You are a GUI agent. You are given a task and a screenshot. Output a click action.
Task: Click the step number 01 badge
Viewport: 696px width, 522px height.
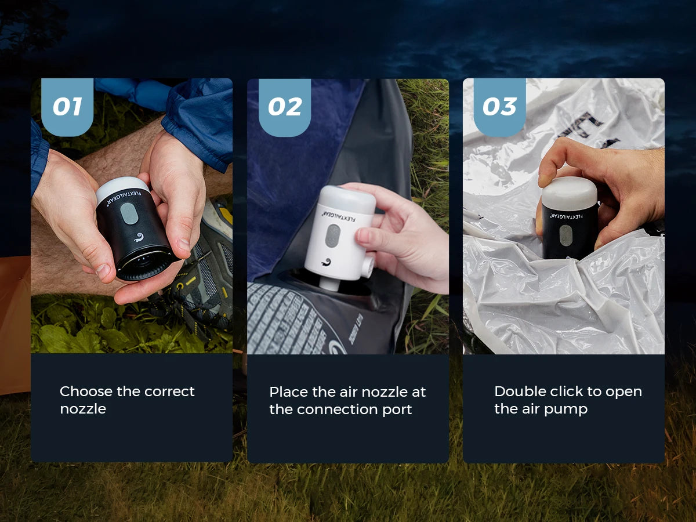point(67,107)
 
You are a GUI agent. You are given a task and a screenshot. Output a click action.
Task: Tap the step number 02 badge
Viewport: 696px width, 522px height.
point(284,107)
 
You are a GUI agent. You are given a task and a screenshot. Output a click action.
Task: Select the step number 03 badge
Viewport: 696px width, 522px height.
point(499,107)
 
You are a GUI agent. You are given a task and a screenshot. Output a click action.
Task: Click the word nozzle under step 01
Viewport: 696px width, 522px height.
point(83,409)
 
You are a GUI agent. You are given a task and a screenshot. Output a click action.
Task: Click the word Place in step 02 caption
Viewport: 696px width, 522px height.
point(286,392)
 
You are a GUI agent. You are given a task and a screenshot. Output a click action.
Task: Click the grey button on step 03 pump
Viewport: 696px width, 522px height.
point(565,234)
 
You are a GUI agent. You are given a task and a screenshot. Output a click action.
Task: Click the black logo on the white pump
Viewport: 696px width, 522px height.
point(329,262)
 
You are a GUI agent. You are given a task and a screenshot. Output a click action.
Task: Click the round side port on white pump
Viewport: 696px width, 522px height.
point(366,267)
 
